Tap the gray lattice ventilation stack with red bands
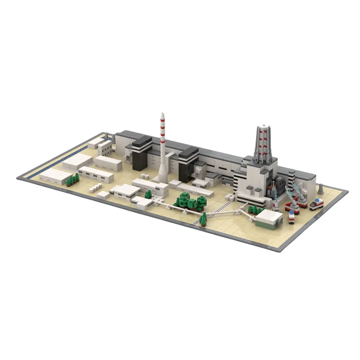point(262,142)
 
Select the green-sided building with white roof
point(269,219)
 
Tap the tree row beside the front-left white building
point(72,180)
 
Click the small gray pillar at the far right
point(320,189)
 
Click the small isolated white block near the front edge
point(103,194)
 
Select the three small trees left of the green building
point(256,209)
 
